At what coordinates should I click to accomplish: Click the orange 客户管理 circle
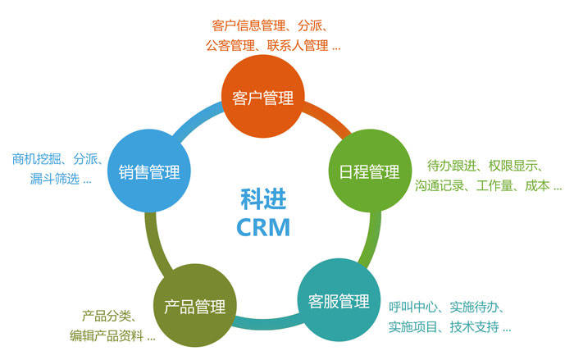[262, 98]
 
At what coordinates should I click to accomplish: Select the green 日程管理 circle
[369, 172]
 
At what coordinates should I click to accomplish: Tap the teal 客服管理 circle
[338, 300]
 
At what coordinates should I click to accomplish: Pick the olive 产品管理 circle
[195, 308]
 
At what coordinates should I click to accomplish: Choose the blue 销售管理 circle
[149, 173]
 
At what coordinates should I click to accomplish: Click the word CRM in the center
[262, 227]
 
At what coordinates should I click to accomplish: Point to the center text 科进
[262, 198]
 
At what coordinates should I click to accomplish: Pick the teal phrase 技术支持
[476, 327]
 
